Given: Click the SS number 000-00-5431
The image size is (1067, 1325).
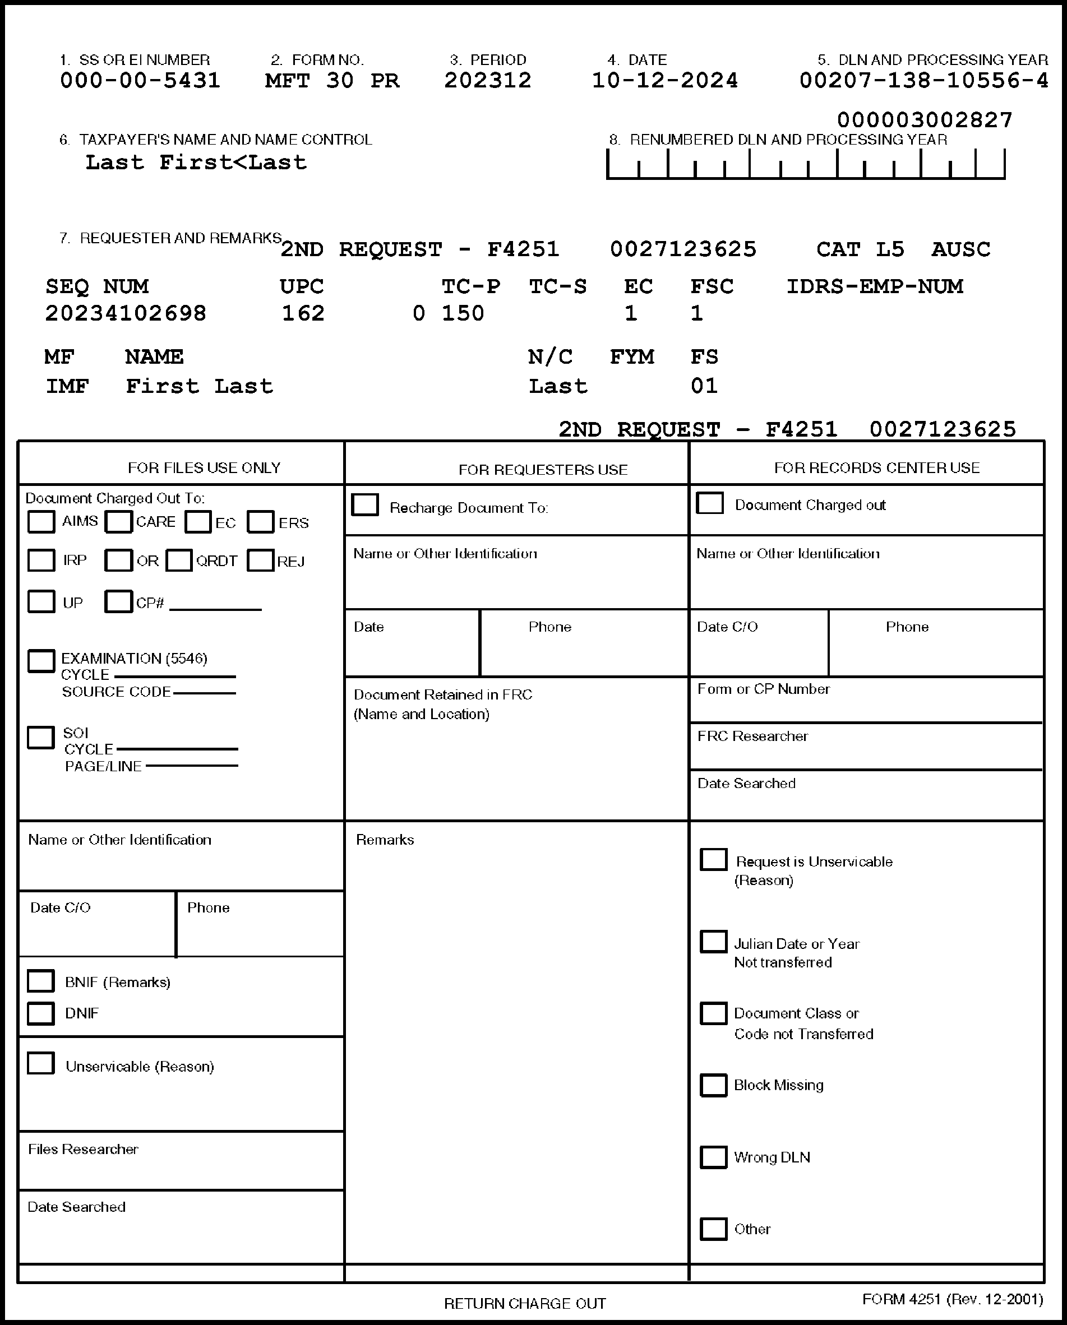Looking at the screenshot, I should (x=140, y=81).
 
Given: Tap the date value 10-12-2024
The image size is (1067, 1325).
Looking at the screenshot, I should (x=664, y=81).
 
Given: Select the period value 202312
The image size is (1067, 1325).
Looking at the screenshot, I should (x=487, y=81).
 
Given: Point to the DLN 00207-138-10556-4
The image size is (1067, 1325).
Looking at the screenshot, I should (x=923, y=81).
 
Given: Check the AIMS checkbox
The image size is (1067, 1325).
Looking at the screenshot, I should (x=41, y=522).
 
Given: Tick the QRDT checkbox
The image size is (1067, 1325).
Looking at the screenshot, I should (x=179, y=560).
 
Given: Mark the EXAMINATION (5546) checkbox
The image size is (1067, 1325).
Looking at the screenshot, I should (x=41, y=661).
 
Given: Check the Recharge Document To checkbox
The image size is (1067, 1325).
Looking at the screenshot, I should (x=365, y=505).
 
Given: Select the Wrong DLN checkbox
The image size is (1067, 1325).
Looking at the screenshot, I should (x=713, y=1157).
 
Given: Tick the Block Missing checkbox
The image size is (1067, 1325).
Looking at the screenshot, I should (x=713, y=1085).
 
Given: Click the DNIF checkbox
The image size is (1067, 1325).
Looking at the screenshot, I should (x=41, y=1013).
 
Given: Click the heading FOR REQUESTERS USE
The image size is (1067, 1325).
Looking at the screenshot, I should (x=543, y=470).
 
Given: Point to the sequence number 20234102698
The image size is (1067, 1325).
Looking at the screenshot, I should (x=126, y=313).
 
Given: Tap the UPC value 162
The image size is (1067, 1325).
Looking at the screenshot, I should (x=303, y=313).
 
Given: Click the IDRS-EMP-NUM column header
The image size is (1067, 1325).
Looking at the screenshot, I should (x=875, y=286).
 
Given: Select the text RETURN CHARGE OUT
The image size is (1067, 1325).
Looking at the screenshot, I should (x=525, y=1304).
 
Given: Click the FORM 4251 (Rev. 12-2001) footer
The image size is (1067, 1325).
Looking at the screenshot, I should (x=952, y=1299).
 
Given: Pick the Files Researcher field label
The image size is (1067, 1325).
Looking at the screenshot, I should (x=83, y=1149).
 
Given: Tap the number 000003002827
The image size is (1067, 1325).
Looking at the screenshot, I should (x=925, y=120).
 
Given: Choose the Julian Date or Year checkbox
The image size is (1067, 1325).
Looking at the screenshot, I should (x=713, y=942).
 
